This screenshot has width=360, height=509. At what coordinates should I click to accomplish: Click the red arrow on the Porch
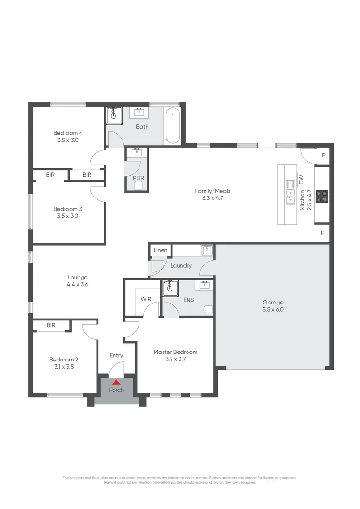(116, 382)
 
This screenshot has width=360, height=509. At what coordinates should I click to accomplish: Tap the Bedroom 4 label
(65, 133)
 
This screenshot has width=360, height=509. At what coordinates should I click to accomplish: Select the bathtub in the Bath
(172, 126)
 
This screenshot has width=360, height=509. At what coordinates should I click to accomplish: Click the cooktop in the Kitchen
(322, 196)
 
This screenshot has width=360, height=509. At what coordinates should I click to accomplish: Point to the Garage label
(273, 303)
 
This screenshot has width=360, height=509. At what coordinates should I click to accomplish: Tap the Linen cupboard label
(160, 250)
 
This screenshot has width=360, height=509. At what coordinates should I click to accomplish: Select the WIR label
(146, 299)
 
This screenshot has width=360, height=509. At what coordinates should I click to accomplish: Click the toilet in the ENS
(208, 310)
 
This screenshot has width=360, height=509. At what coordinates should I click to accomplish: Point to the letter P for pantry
(324, 156)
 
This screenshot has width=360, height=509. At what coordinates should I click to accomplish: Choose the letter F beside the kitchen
(322, 233)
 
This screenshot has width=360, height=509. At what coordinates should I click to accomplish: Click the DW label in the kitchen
(301, 179)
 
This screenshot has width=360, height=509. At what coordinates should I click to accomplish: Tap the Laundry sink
(206, 250)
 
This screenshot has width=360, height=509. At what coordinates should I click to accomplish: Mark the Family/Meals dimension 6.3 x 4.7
(213, 198)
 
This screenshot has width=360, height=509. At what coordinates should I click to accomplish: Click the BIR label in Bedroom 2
(51, 325)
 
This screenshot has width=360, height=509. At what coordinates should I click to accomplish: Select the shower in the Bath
(114, 115)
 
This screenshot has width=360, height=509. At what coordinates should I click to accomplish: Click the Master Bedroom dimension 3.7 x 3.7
(175, 359)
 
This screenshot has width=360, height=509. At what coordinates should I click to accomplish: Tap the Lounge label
(78, 278)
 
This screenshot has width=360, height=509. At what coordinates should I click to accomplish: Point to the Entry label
(116, 355)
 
